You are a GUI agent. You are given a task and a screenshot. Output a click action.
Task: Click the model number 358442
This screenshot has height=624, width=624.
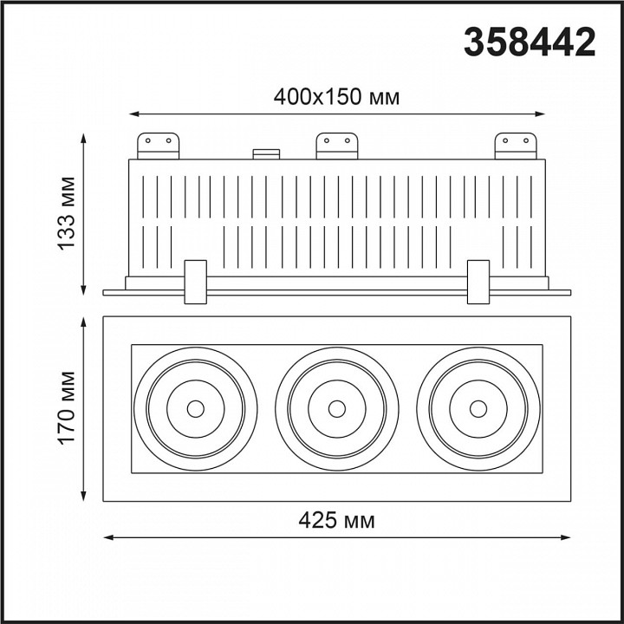(x=530, y=42)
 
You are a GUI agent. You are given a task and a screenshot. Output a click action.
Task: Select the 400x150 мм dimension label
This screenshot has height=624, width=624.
(x=336, y=97)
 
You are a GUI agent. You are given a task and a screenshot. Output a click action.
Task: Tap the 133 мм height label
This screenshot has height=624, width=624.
(x=67, y=214)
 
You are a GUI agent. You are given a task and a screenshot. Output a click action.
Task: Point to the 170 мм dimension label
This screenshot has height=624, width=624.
(x=67, y=408)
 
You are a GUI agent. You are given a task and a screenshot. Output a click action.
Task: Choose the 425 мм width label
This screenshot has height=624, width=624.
(x=336, y=520)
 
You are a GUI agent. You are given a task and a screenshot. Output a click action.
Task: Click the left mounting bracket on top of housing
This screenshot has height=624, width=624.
(x=158, y=146)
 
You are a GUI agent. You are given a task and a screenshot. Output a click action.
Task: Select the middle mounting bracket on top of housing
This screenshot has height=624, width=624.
(x=336, y=146)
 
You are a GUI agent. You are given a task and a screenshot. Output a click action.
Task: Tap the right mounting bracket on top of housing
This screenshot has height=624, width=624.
(x=516, y=146)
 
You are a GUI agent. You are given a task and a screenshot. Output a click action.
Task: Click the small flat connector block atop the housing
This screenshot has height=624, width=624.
(x=266, y=154)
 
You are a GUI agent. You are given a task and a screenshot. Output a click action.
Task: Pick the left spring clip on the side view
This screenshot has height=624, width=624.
(x=195, y=283)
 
